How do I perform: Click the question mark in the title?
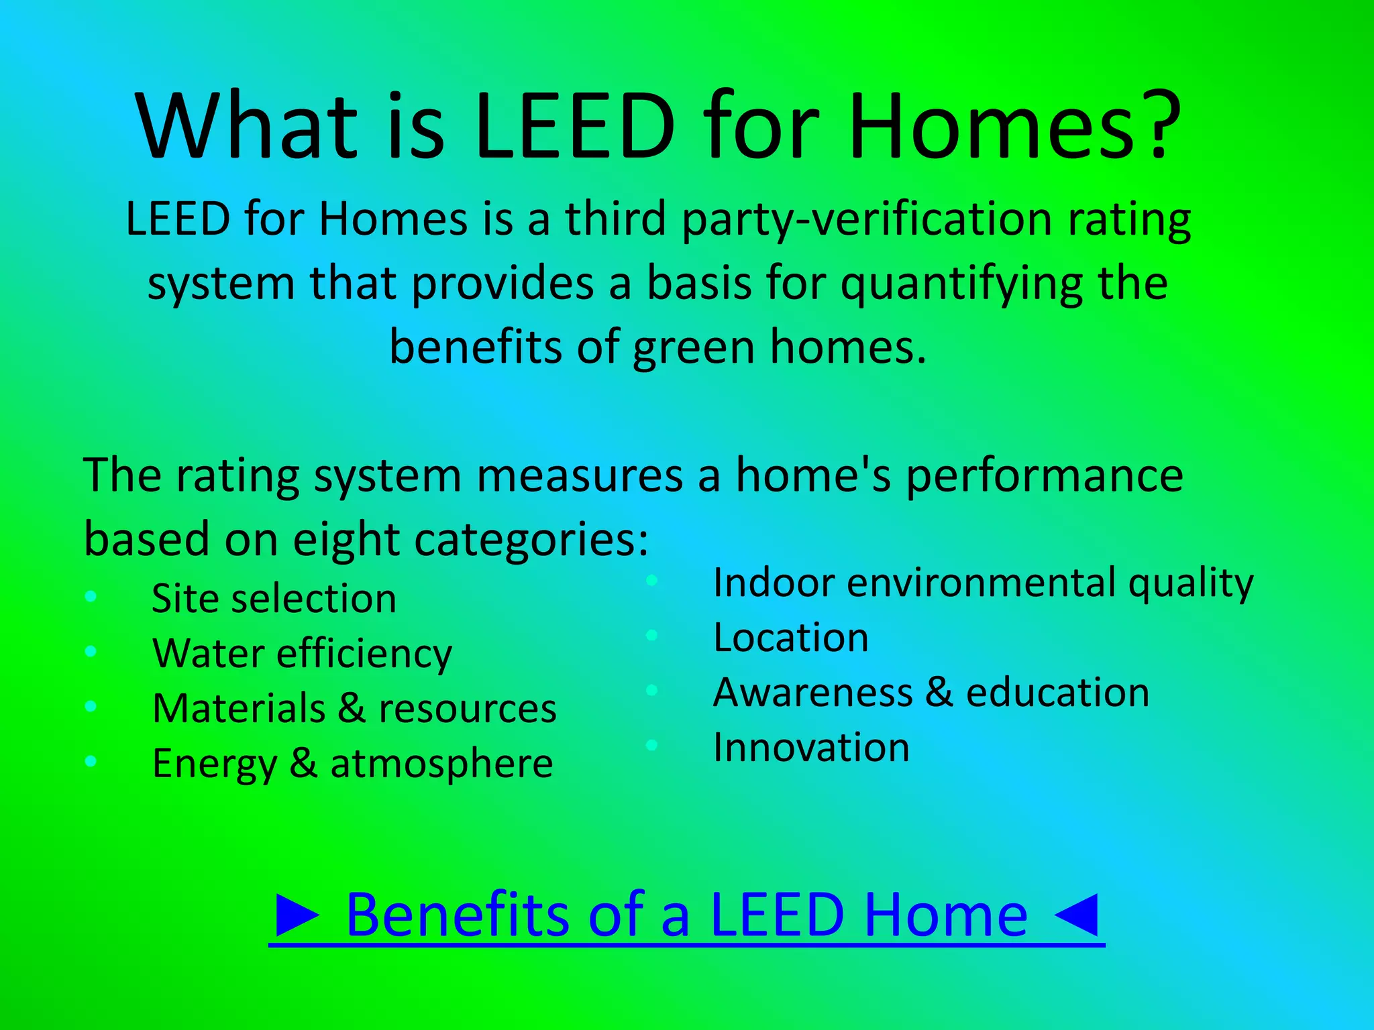coord(1154,126)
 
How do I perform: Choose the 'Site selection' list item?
coord(274,598)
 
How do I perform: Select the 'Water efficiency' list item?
coord(302,653)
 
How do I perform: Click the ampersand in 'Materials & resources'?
coord(352,708)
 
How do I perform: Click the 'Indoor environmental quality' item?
coord(983,582)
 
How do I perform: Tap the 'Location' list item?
coord(790,637)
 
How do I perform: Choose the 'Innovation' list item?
coord(811,747)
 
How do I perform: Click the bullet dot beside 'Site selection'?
coord(91,596)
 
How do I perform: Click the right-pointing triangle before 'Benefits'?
coord(298,915)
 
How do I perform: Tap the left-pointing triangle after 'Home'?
coord(1076,915)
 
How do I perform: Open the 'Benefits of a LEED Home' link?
coord(686,915)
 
